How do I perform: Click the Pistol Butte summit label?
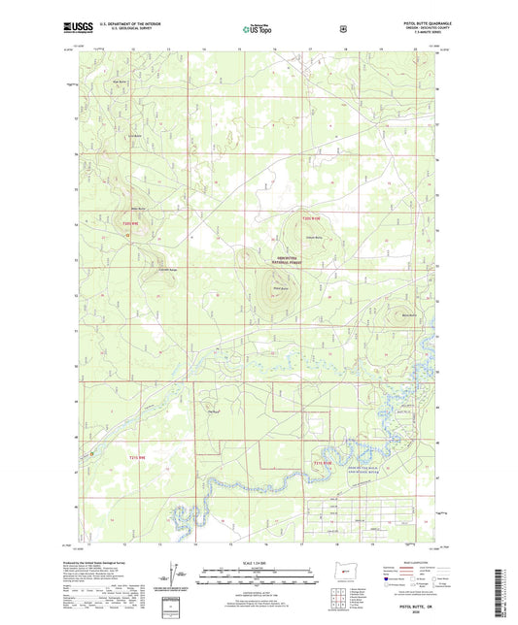tap(280, 289)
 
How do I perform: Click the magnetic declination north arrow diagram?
tap(175, 573)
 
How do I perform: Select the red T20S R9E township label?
tap(130, 226)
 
